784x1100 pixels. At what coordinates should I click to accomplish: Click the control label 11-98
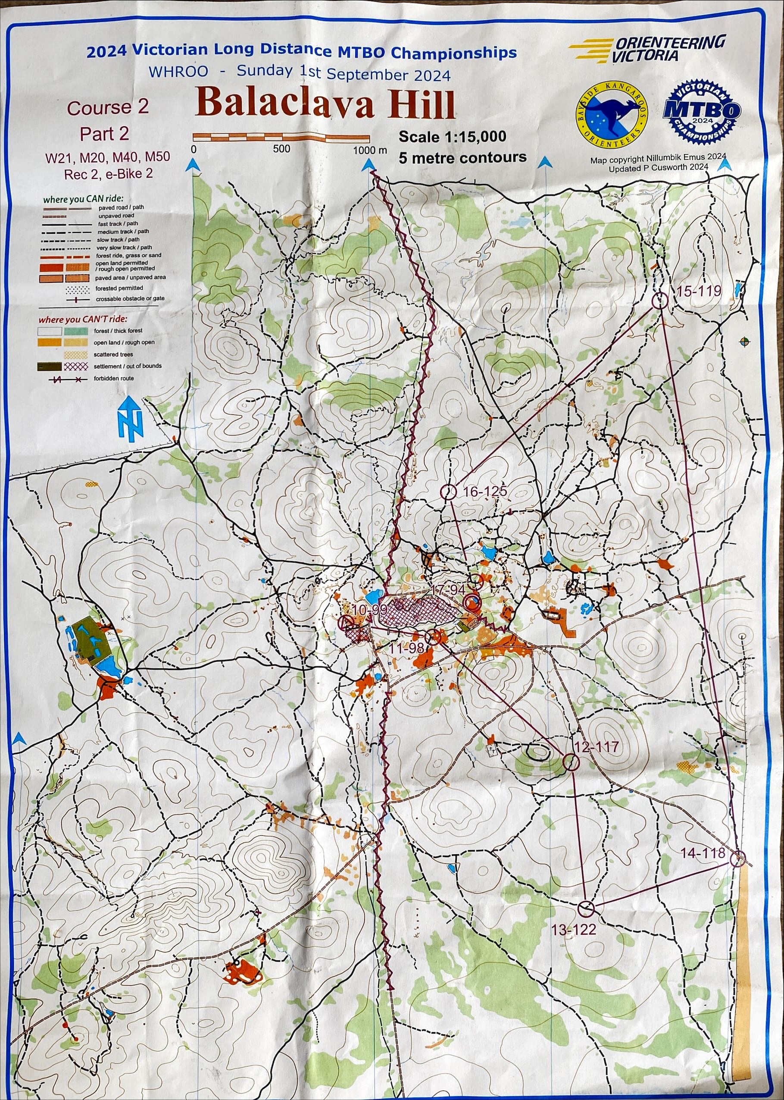[x=406, y=649]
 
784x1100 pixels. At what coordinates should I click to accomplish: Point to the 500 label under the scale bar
[x=281, y=149]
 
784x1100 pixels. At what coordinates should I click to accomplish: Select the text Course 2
[x=108, y=108]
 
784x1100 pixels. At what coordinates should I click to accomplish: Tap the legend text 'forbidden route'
[x=114, y=379]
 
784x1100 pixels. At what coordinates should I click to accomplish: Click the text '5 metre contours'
[x=462, y=157]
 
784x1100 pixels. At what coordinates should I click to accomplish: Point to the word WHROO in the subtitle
[x=178, y=72]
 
